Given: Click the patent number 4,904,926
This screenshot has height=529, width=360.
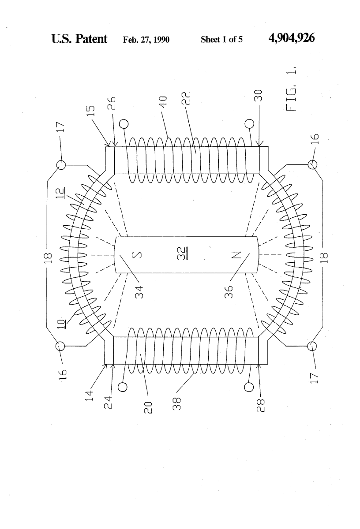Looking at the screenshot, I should pos(291,39).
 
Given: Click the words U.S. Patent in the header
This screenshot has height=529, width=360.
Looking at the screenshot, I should pos(79,39).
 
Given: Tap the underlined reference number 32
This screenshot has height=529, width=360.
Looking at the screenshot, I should pos(186,255).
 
